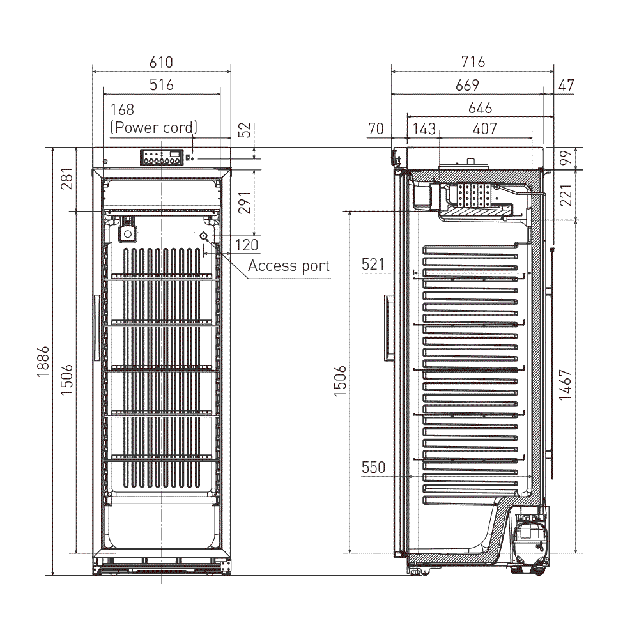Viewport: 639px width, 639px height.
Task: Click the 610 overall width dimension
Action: (161, 62)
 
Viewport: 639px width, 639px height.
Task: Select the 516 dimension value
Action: (161, 84)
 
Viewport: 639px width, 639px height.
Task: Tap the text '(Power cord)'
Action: (154, 127)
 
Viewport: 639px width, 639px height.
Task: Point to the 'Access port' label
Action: (289, 265)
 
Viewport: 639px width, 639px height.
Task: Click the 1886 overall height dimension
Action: (43, 362)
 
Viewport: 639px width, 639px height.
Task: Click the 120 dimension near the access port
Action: (247, 244)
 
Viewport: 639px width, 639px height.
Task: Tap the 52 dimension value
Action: (245, 130)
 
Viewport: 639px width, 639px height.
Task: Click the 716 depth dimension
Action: (473, 62)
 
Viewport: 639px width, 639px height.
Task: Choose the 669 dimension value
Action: (466, 84)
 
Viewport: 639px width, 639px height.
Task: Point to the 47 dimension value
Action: (566, 84)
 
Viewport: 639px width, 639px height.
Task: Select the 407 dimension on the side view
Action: (484, 128)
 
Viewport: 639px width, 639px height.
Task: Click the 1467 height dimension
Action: (566, 385)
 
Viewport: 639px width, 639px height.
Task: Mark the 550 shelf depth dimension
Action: (373, 467)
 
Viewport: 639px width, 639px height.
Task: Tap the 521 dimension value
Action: (373, 263)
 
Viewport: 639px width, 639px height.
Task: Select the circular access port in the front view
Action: (204, 236)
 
